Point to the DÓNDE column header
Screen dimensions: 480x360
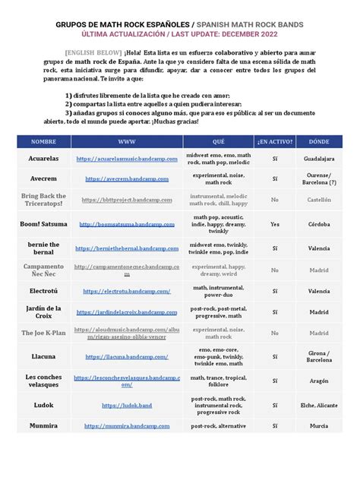click(x=319, y=142)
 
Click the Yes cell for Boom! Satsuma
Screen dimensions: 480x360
click(x=275, y=225)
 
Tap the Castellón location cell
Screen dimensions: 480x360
click(x=319, y=200)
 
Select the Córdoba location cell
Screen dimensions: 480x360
click(x=319, y=225)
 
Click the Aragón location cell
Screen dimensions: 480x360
click(x=319, y=380)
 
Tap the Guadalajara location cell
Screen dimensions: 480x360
click(x=319, y=159)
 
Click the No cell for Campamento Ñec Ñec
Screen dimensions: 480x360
click(x=275, y=269)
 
